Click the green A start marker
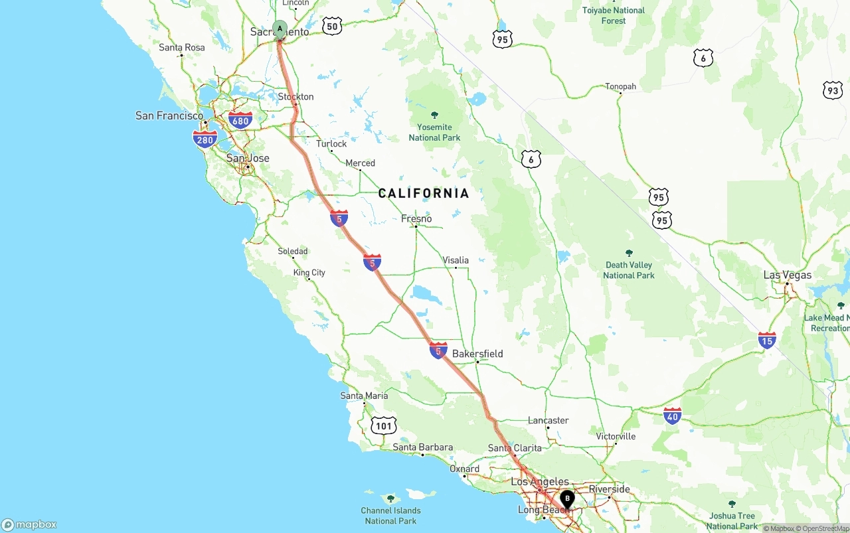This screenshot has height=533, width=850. [280, 29]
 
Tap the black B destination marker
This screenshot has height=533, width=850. [567, 498]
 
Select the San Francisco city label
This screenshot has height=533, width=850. [169, 115]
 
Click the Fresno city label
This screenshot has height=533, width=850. [416, 218]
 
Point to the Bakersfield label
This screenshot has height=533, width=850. [477, 354]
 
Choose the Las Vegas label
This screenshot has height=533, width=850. [788, 275]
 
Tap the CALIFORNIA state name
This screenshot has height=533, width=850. [424, 193]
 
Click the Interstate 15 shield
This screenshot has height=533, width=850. [767, 341]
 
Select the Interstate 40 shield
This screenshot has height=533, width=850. [673, 416]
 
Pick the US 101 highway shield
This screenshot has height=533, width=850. [384, 425]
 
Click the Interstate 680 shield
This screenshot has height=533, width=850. [240, 120]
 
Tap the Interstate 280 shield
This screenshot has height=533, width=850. [205, 139]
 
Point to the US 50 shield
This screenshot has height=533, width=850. [333, 27]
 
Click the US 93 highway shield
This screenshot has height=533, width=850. [833, 90]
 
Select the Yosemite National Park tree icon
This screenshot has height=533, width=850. [435, 115]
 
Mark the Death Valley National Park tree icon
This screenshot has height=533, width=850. [629, 253]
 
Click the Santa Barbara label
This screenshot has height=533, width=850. [423, 447]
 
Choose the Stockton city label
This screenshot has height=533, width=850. [296, 97]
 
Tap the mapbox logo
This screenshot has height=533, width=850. [29, 524]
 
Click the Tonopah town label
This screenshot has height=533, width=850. [620, 86]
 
